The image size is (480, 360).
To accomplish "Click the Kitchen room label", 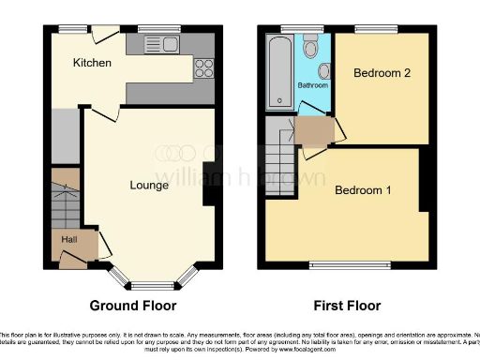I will (94, 64).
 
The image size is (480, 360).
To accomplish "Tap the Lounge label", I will (149, 186).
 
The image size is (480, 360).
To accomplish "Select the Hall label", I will (69, 240).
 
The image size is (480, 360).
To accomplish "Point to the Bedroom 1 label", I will (363, 191).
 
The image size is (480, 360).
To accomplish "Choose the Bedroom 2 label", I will (379, 72).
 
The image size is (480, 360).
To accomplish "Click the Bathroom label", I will (313, 85).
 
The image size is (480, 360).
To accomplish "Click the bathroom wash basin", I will (323, 70).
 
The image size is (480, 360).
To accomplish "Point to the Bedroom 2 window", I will (379, 31).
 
